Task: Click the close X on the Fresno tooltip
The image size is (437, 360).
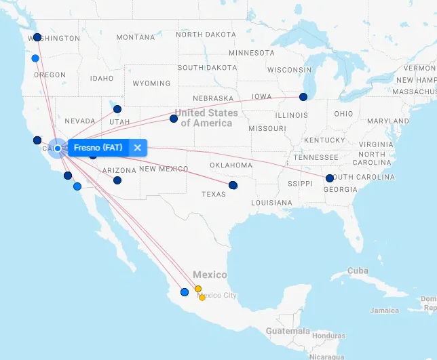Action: point(137,148)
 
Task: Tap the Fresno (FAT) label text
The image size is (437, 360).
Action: point(98,148)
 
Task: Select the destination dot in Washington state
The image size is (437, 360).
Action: point(37,37)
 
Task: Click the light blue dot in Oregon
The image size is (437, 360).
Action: point(35,58)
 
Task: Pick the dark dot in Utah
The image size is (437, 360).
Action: point(117,108)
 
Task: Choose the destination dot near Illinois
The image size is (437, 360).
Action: point(303,97)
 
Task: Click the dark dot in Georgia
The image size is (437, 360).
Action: point(330,178)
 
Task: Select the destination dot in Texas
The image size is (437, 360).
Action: point(233,185)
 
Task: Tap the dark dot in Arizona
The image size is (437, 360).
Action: point(117,180)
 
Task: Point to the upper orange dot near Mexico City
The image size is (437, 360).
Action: point(198,289)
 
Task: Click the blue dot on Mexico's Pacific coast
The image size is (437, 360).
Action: point(185,292)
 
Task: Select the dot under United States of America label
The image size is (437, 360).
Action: point(174,119)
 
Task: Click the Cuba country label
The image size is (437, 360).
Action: point(358,271)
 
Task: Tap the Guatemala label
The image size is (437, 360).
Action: point(287,332)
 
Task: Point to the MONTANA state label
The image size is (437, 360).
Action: point(135,38)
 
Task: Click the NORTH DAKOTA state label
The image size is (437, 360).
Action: point(206,35)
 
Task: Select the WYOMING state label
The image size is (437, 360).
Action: point(151,83)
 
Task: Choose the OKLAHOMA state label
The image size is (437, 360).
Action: point(231,165)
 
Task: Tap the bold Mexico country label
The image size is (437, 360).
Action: point(210,275)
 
